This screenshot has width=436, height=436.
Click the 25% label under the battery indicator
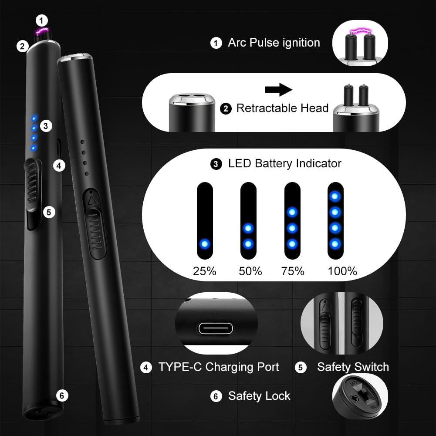coord(204,271)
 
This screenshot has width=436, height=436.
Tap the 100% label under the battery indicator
coord(342,271)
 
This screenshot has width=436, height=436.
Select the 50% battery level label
coord(250,271)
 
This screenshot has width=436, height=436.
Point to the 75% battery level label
coord(293,271)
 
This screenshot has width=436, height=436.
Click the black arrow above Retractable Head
coord(278,90)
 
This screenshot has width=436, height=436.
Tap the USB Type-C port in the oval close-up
coord(216,329)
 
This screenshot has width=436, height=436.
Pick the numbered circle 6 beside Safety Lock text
coord(216,396)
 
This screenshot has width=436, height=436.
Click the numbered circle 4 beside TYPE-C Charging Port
coord(146,368)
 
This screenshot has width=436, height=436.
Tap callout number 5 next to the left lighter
coord(49,213)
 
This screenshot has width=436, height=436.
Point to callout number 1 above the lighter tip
coord(42,20)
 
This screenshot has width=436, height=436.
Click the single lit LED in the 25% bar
coord(205,244)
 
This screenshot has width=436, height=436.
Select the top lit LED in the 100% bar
coord(335,196)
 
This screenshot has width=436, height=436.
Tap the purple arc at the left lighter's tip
coord(42,31)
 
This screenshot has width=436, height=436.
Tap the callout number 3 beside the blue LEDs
coord(46,126)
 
